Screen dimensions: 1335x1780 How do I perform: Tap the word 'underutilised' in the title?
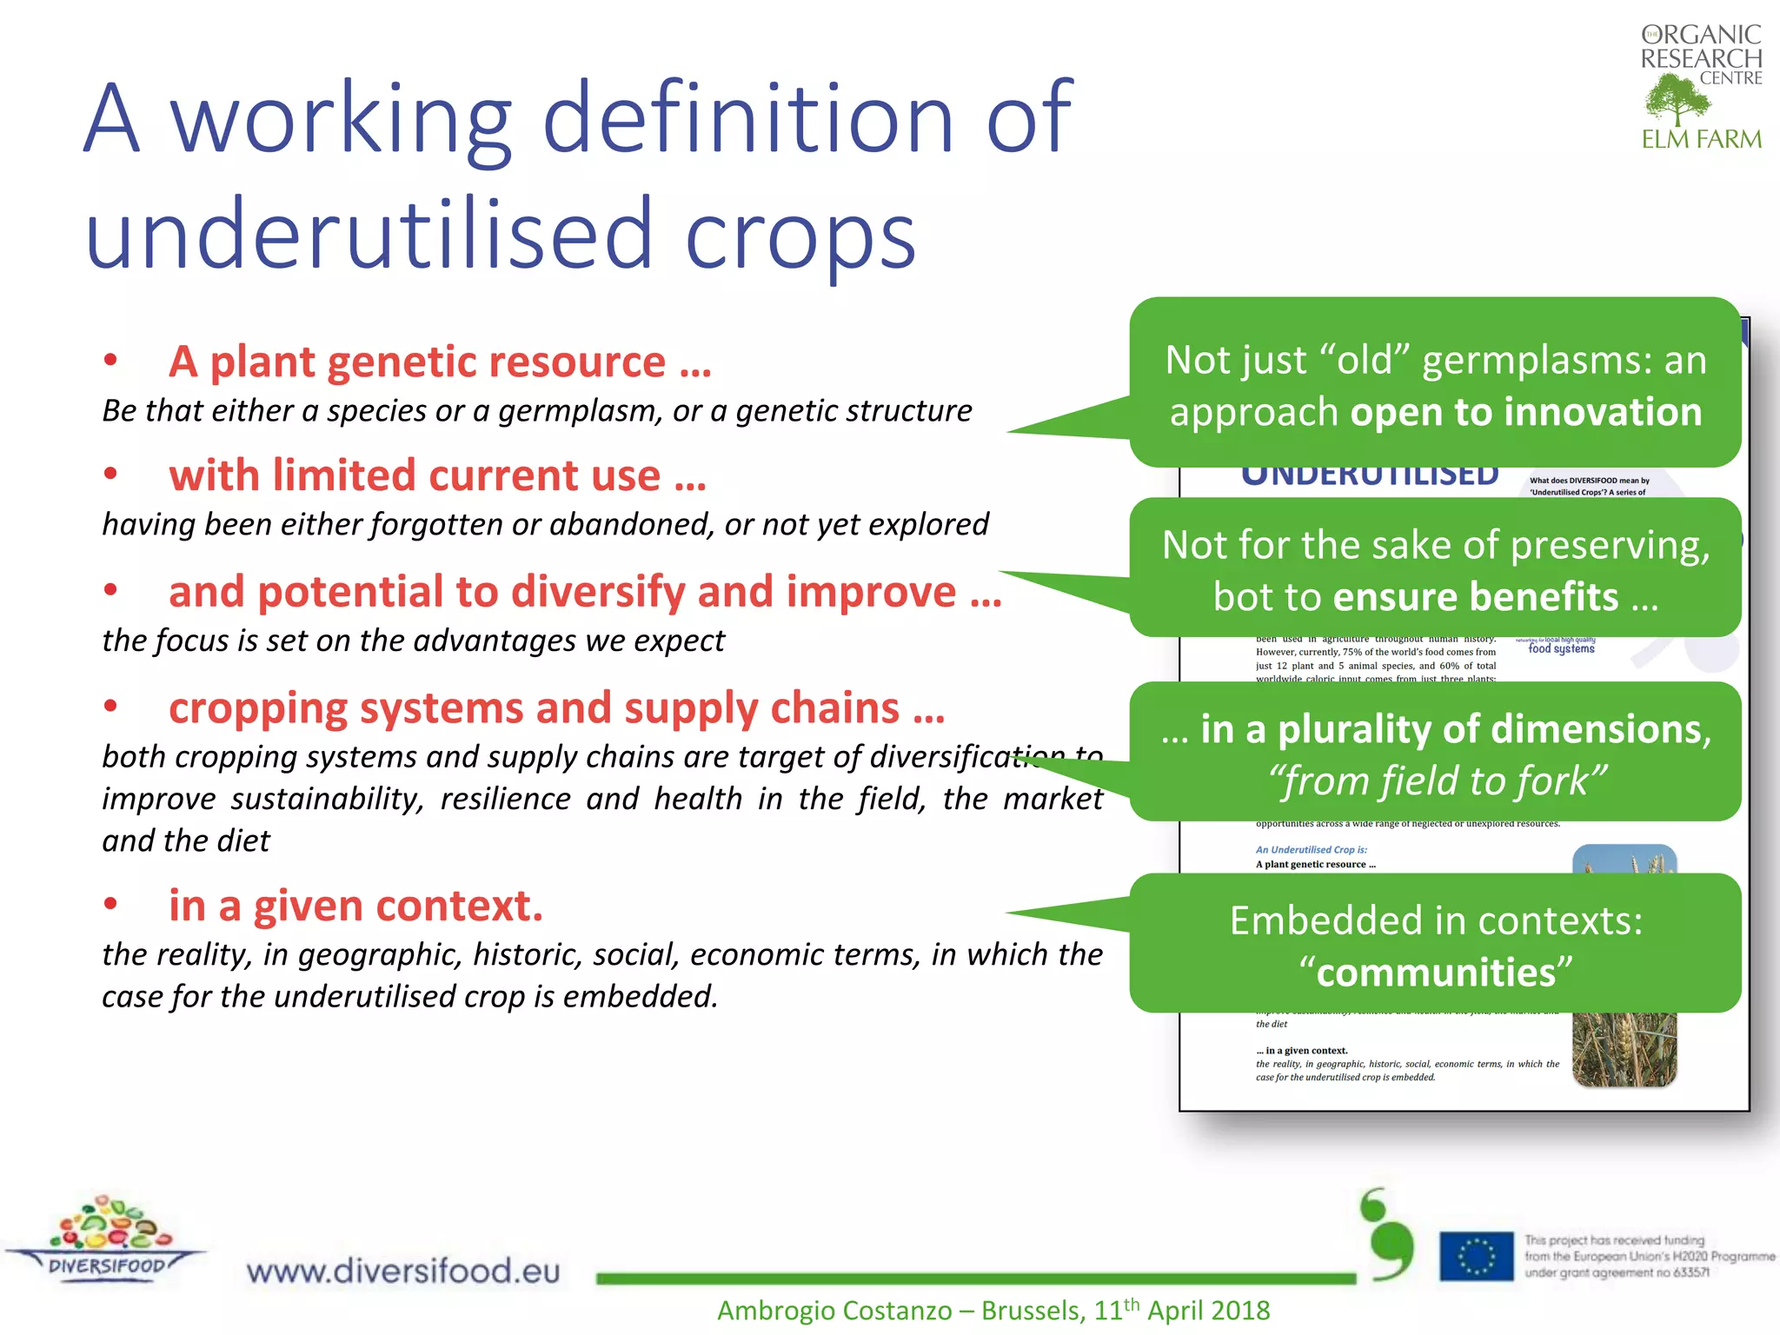(x=369, y=233)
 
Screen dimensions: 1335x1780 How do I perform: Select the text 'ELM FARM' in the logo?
(x=1701, y=139)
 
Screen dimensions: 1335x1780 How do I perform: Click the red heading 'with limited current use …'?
(x=437, y=475)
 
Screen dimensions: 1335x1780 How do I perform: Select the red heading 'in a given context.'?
(x=355, y=906)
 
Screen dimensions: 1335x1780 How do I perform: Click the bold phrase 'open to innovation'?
(x=1525, y=412)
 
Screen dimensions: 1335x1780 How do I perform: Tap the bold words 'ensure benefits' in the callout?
(x=1475, y=596)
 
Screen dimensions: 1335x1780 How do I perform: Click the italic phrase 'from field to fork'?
(x=1437, y=780)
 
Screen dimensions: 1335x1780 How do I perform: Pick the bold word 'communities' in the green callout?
(x=1436, y=972)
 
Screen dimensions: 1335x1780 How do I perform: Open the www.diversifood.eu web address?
(x=403, y=1271)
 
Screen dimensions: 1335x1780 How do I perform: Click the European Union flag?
(x=1476, y=1256)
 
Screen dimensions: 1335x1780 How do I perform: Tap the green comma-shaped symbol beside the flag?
(x=1388, y=1234)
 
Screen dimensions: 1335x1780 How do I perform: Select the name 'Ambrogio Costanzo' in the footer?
(x=834, y=1311)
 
